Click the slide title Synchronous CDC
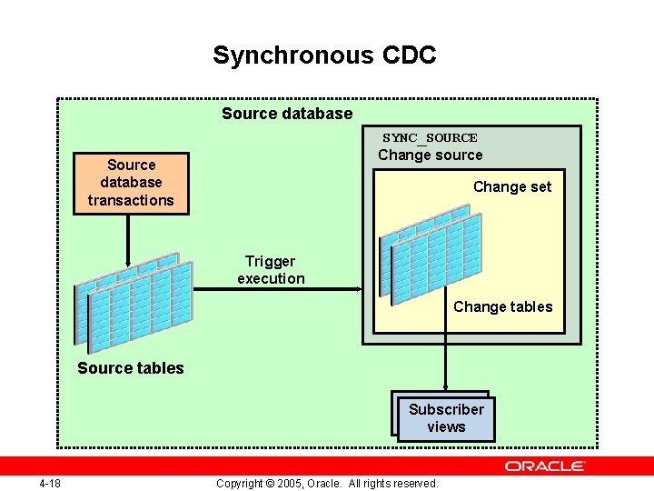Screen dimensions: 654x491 pos(324,55)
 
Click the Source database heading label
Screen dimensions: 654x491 pos(287,114)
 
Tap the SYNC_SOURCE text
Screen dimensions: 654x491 pos(430,138)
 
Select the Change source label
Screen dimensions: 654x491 pos(430,155)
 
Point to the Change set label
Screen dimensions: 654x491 pos(511,187)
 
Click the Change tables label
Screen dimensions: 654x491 pos(502,306)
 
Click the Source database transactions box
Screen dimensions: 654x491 pos(131,183)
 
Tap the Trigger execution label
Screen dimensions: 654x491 pos(271,270)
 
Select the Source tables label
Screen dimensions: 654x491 pos(131,368)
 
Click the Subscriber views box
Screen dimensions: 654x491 pos(446,418)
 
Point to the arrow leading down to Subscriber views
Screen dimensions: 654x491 pos(445,364)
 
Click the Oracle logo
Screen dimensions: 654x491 pos(545,466)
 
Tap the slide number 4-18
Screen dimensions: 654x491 pos(50,483)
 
